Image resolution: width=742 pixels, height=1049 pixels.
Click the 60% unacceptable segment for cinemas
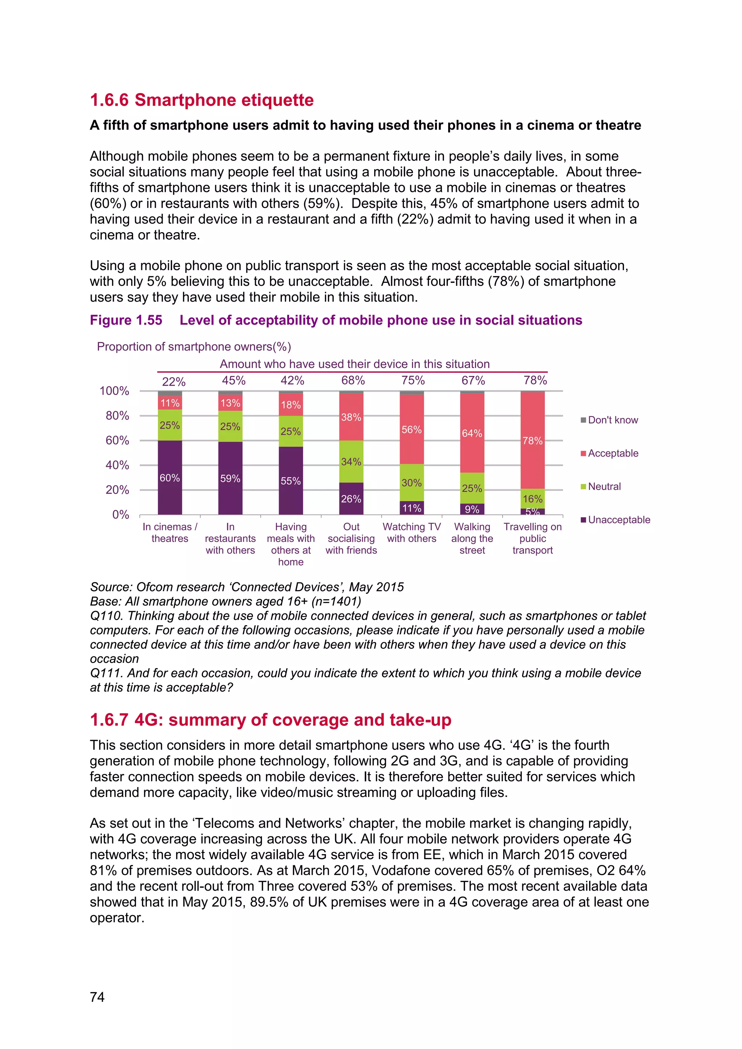pos(170,477)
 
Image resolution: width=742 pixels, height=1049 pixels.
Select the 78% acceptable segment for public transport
pos(532,440)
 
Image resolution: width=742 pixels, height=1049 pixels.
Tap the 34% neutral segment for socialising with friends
pos(351,461)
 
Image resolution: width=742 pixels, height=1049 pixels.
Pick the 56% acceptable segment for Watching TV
pos(411,430)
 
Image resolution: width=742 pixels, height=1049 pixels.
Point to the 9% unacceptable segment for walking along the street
pos(472,509)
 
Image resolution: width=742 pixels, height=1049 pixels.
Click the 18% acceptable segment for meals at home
pos(291,405)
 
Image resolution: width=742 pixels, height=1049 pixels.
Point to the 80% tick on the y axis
pos(117,416)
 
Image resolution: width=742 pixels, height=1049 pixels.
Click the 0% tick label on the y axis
pos(121,515)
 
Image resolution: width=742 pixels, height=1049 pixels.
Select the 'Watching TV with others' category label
pos(412,533)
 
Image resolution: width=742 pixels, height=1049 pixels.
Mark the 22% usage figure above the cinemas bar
pos(174,381)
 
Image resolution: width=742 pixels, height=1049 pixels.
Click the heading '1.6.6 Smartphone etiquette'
pos(201,100)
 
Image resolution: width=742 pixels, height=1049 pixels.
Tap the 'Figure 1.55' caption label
pos(126,320)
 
